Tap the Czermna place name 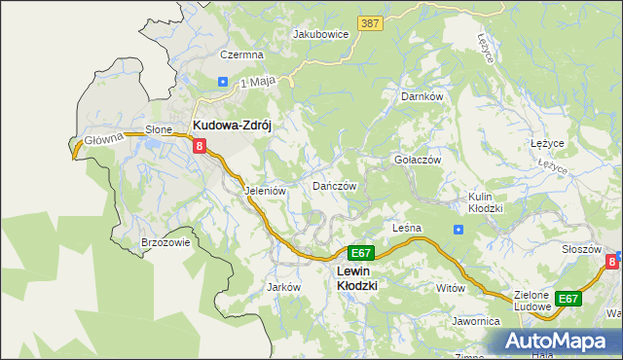[241, 55]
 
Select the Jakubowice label [321, 33]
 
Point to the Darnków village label [422, 97]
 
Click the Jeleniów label [265, 192]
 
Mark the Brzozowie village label [165, 243]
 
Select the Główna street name [101, 138]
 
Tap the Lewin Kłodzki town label [356, 278]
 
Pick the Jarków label [282, 288]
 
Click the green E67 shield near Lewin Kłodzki [360, 253]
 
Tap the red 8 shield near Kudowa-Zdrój [200, 147]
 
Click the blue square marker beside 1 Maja [223, 83]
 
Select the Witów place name [451, 289]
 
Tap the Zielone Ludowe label [531, 301]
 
